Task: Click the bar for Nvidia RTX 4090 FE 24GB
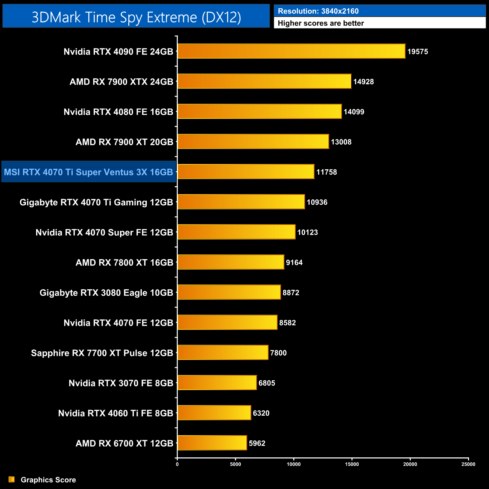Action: (x=291, y=51)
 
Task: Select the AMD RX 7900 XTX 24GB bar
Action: (x=264, y=81)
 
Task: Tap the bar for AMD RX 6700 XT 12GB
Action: (x=212, y=443)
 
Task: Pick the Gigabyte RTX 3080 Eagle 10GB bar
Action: (x=229, y=292)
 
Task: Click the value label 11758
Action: (x=327, y=172)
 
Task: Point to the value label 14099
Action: (x=354, y=112)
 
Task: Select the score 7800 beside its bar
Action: (x=278, y=353)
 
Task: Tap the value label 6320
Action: (x=261, y=413)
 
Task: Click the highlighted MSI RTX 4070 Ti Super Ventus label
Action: (x=88, y=172)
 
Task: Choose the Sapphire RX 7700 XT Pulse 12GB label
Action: (x=102, y=353)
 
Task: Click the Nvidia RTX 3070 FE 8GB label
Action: (x=121, y=383)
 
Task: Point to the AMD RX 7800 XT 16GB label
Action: (x=124, y=263)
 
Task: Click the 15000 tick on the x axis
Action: (x=352, y=464)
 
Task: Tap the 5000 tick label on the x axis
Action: (x=235, y=464)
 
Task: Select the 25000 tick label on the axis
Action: (x=468, y=464)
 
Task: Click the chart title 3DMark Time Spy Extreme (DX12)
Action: (x=136, y=17)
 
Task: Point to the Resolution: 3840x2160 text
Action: (x=318, y=11)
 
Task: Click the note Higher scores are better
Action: (x=321, y=23)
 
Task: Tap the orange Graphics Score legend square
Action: (x=12, y=479)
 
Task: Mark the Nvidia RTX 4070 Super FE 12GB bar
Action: (x=236, y=232)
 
